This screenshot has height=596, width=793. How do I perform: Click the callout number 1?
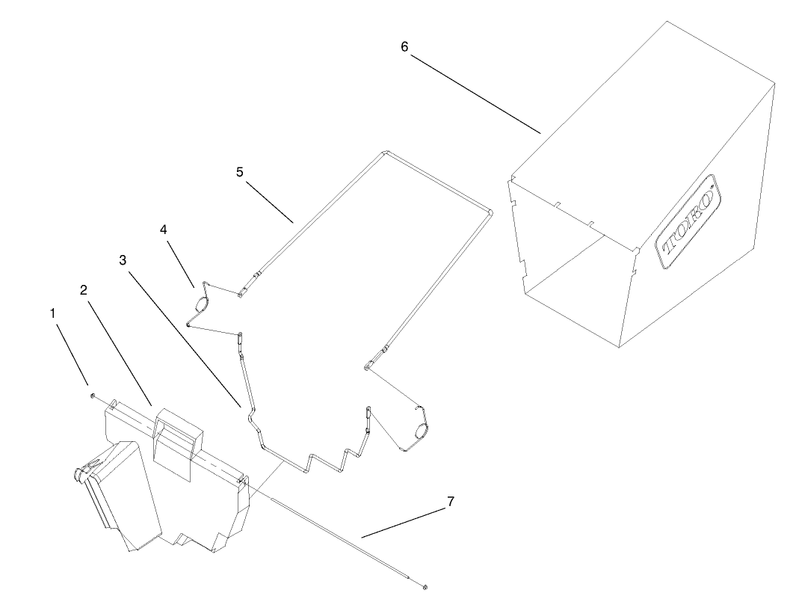click(x=52, y=313)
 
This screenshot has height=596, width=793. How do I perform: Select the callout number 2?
click(x=84, y=290)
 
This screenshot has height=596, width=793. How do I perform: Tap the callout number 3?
click(x=123, y=260)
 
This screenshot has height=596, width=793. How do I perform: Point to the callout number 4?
click(x=164, y=230)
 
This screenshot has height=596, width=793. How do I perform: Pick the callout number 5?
click(x=240, y=172)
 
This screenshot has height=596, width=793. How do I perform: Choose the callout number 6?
click(x=404, y=46)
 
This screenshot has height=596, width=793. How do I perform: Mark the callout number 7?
click(x=451, y=501)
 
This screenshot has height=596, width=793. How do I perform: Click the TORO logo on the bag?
click(x=688, y=222)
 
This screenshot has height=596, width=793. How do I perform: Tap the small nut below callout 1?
click(x=93, y=395)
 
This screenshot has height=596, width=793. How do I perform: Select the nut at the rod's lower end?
click(x=425, y=586)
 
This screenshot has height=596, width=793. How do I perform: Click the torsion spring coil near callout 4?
click(x=201, y=304)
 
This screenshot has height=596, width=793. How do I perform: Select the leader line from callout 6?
click(x=475, y=94)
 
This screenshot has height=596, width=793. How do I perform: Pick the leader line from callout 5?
click(x=270, y=202)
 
